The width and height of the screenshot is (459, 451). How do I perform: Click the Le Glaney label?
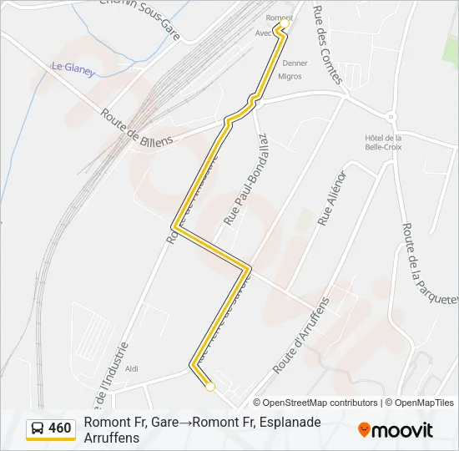point(73,68)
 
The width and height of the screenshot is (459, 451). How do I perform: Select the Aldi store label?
point(131,367)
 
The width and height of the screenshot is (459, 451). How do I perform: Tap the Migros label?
point(290,76)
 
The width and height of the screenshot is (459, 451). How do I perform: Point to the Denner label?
point(295,63)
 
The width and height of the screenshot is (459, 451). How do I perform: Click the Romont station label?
point(278,17)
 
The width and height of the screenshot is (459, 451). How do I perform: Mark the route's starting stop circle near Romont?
point(284,23)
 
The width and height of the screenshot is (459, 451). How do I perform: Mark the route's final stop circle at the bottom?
point(210,387)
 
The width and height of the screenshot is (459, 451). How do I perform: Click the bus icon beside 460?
point(38,428)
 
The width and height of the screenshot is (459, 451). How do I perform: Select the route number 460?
point(60,428)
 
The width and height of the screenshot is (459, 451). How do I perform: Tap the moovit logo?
point(396,430)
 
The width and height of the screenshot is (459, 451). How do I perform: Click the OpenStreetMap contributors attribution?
point(320,403)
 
